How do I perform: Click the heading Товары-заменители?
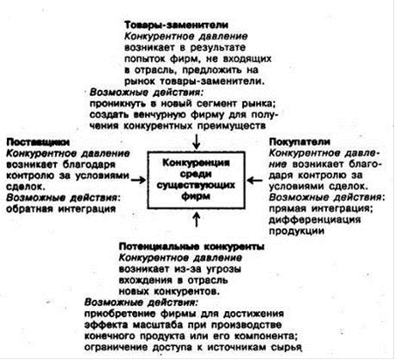point(177,25)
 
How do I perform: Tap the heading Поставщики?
point(38,142)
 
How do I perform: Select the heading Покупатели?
point(300,142)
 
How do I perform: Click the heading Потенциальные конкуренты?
point(191,246)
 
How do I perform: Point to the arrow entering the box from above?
point(197,142)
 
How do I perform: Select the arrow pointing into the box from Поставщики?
point(138,180)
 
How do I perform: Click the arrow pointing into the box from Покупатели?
point(254,180)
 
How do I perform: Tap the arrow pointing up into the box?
point(197,219)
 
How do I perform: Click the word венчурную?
point(160,114)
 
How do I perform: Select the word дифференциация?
point(315,219)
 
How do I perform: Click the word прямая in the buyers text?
point(288,209)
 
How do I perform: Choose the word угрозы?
point(224,269)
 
